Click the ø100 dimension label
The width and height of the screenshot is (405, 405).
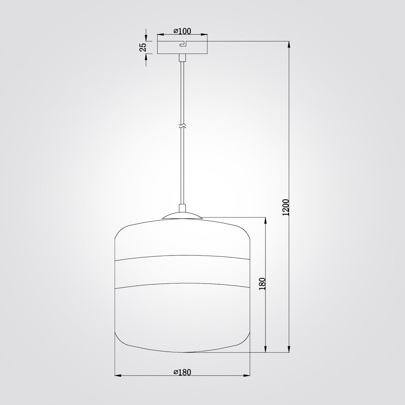[x=182, y=31]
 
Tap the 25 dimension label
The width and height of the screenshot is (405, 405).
[x=143, y=47]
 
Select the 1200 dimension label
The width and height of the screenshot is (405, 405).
[x=286, y=207]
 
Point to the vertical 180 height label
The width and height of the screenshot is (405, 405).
[x=262, y=283]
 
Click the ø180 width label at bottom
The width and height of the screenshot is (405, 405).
[x=182, y=372]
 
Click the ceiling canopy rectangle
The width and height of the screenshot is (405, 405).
[x=182, y=47]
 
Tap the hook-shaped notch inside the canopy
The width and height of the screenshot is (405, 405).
[x=183, y=44]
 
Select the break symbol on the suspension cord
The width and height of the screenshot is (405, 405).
[x=182, y=126]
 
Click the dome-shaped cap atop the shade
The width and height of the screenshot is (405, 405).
[x=182, y=216]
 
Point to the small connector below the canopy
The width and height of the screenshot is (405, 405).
[x=182, y=58]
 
